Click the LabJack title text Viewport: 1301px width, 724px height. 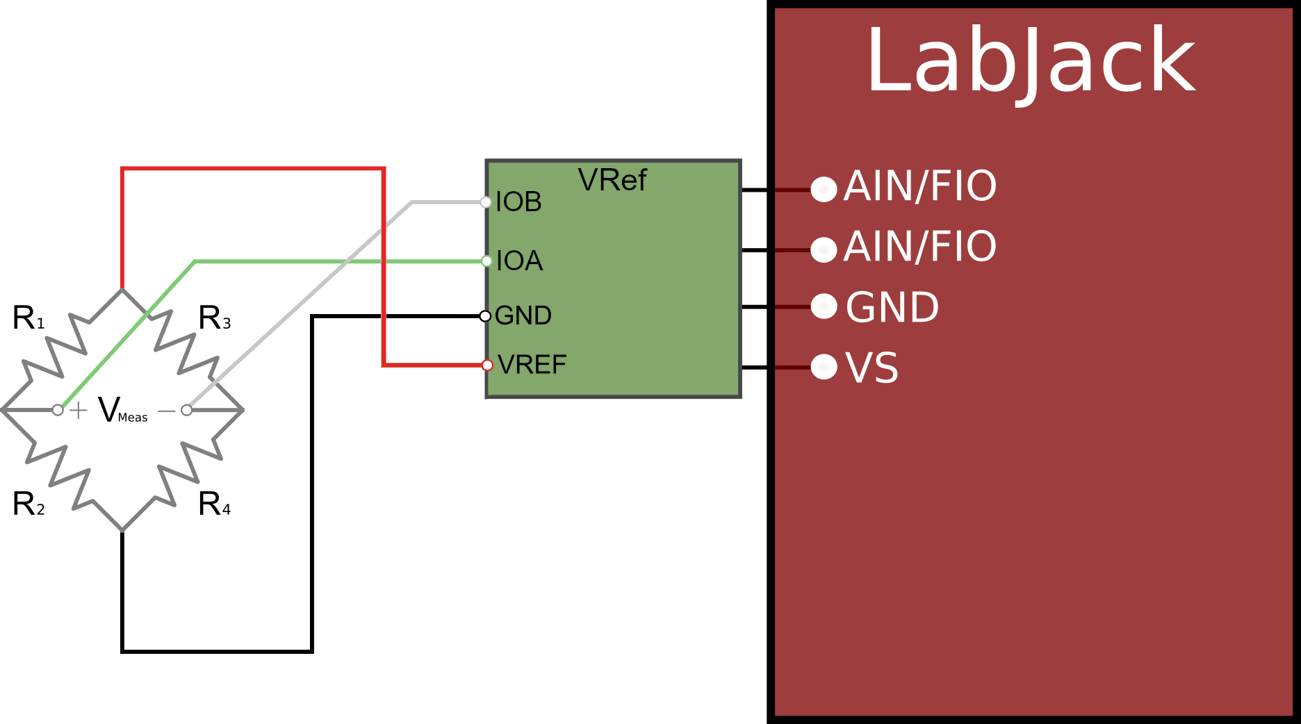[1030, 61]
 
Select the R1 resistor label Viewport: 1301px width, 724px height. [28, 318]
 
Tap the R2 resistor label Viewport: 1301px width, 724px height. [28, 504]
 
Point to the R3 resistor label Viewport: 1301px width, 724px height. [214, 318]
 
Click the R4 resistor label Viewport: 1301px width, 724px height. [214, 504]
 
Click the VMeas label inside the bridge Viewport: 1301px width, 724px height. [122, 411]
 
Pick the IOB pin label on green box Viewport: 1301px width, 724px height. [518, 202]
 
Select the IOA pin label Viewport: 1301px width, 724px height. [519, 261]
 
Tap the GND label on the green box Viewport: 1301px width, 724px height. [523, 316]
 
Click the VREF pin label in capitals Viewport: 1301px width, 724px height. [532, 365]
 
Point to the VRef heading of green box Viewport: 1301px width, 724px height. [612, 181]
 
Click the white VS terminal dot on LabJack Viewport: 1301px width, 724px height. [824, 367]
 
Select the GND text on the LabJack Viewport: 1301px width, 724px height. [892, 308]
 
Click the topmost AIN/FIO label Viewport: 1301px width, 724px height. [920, 186]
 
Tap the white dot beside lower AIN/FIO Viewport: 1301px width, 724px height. [824, 249]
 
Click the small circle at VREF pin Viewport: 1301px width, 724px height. [488, 365]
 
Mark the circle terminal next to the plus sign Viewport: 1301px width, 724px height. [58, 411]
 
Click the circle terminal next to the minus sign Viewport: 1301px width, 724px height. [186, 411]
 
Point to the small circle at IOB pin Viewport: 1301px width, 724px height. [486, 202]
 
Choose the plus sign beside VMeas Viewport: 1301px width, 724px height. [79, 411]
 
